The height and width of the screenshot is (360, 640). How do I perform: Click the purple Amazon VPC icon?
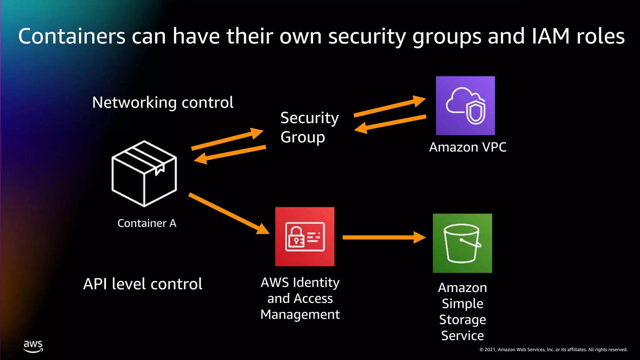(x=465, y=106)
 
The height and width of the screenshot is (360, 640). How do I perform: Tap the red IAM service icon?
(x=305, y=237)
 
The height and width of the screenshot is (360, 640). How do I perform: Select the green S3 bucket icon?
(x=462, y=243)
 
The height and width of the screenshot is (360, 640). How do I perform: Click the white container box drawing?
(x=144, y=174)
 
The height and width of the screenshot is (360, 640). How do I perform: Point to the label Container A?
(x=147, y=223)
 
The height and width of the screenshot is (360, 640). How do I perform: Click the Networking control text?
(x=162, y=102)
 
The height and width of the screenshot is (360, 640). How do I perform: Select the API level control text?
(x=142, y=284)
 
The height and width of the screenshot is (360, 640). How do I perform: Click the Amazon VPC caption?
(x=467, y=147)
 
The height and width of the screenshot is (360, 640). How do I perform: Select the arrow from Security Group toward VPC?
(x=389, y=107)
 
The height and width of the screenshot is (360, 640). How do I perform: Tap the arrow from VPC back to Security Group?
(x=391, y=123)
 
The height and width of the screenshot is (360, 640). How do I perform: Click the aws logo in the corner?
(x=33, y=346)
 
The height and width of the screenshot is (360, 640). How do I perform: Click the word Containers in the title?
(x=72, y=36)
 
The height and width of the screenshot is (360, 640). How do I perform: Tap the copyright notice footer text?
(x=553, y=350)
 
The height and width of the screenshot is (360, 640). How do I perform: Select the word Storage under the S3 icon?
(x=462, y=320)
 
